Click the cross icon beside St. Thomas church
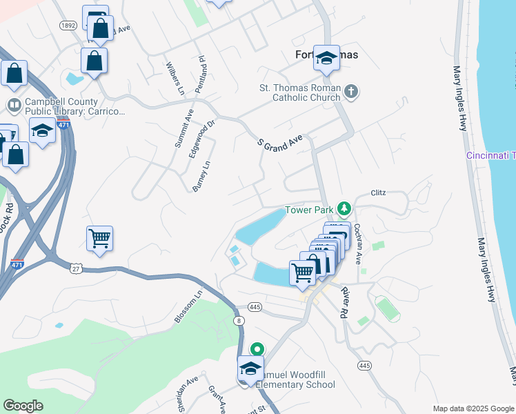coord(351,92)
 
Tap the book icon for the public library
coord(14,106)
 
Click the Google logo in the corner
coord(23,406)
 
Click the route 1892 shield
coord(68,26)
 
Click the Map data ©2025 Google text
coord(473,408)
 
